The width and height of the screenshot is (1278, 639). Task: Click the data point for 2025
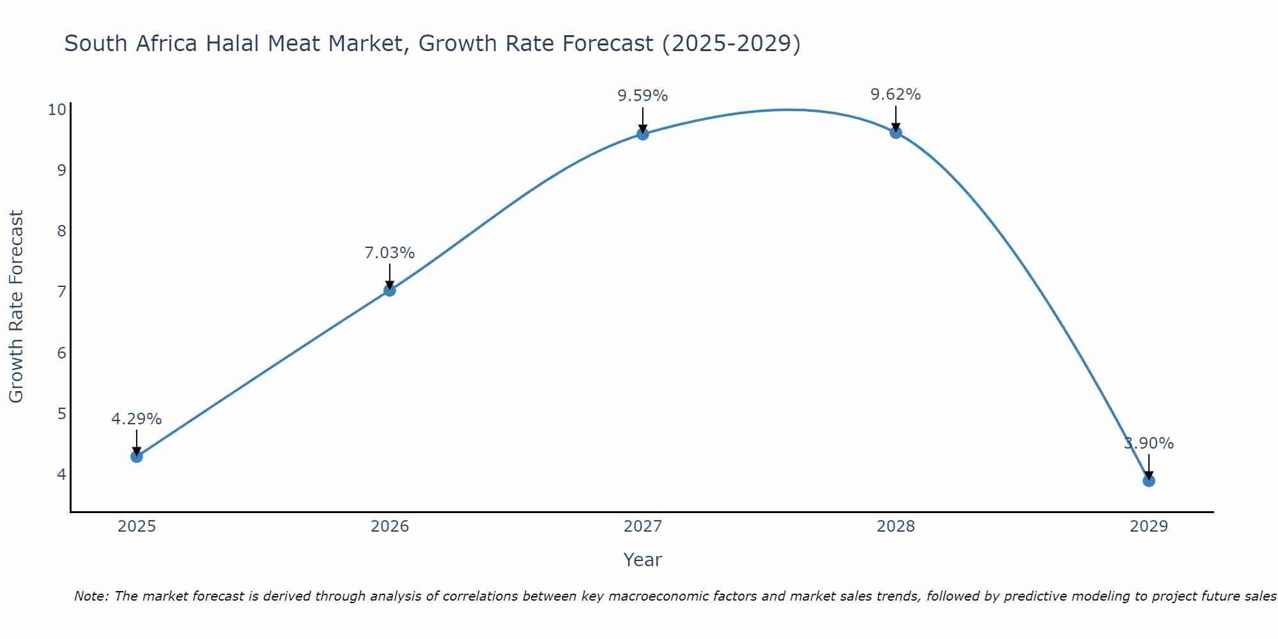click(136, 456)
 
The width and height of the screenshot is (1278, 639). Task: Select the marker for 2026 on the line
click(389, 290)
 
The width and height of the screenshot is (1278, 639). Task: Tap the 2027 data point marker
click(642, 134)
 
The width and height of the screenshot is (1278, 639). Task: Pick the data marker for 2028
click(895, 132)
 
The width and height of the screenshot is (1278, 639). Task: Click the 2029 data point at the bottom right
click(1148, 481)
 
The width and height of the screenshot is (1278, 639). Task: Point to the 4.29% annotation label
click(136, 419)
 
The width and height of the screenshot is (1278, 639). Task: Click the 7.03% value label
click(389, 253)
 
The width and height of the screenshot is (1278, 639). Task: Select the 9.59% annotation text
click(642, 96)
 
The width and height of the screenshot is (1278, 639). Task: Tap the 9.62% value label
click(895, 95)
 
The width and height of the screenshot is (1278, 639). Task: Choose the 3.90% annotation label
click(1148, 443)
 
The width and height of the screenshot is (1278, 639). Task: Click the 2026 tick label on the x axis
click(390, 527)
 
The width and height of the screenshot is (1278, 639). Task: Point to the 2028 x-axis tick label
click(895, 527)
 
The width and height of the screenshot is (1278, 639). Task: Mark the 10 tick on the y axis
click(57, 109)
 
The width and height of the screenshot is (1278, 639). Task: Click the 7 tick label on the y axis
click(61, 292)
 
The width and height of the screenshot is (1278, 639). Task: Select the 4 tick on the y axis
click(61, 474)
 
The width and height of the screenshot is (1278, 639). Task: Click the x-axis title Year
click(642, 560)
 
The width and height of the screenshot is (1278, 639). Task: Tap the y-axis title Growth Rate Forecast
click(16, 306)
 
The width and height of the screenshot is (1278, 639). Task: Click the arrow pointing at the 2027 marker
click(642, 119)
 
